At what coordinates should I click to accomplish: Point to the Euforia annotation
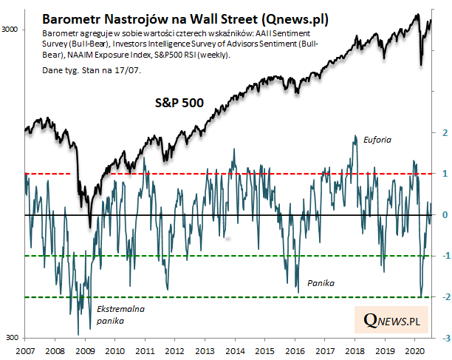(377, 139)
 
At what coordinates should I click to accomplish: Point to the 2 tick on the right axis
(445, 133)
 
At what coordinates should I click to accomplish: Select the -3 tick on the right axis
(443, 339)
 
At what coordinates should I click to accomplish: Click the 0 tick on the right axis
(445, 215)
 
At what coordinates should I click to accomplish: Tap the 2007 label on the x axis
(25, 350)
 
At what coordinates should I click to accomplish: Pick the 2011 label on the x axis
(145, 350)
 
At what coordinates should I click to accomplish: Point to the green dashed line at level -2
(222, 297)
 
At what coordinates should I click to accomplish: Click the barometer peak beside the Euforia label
(356, 137)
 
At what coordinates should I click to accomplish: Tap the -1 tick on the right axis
(443, 257)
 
